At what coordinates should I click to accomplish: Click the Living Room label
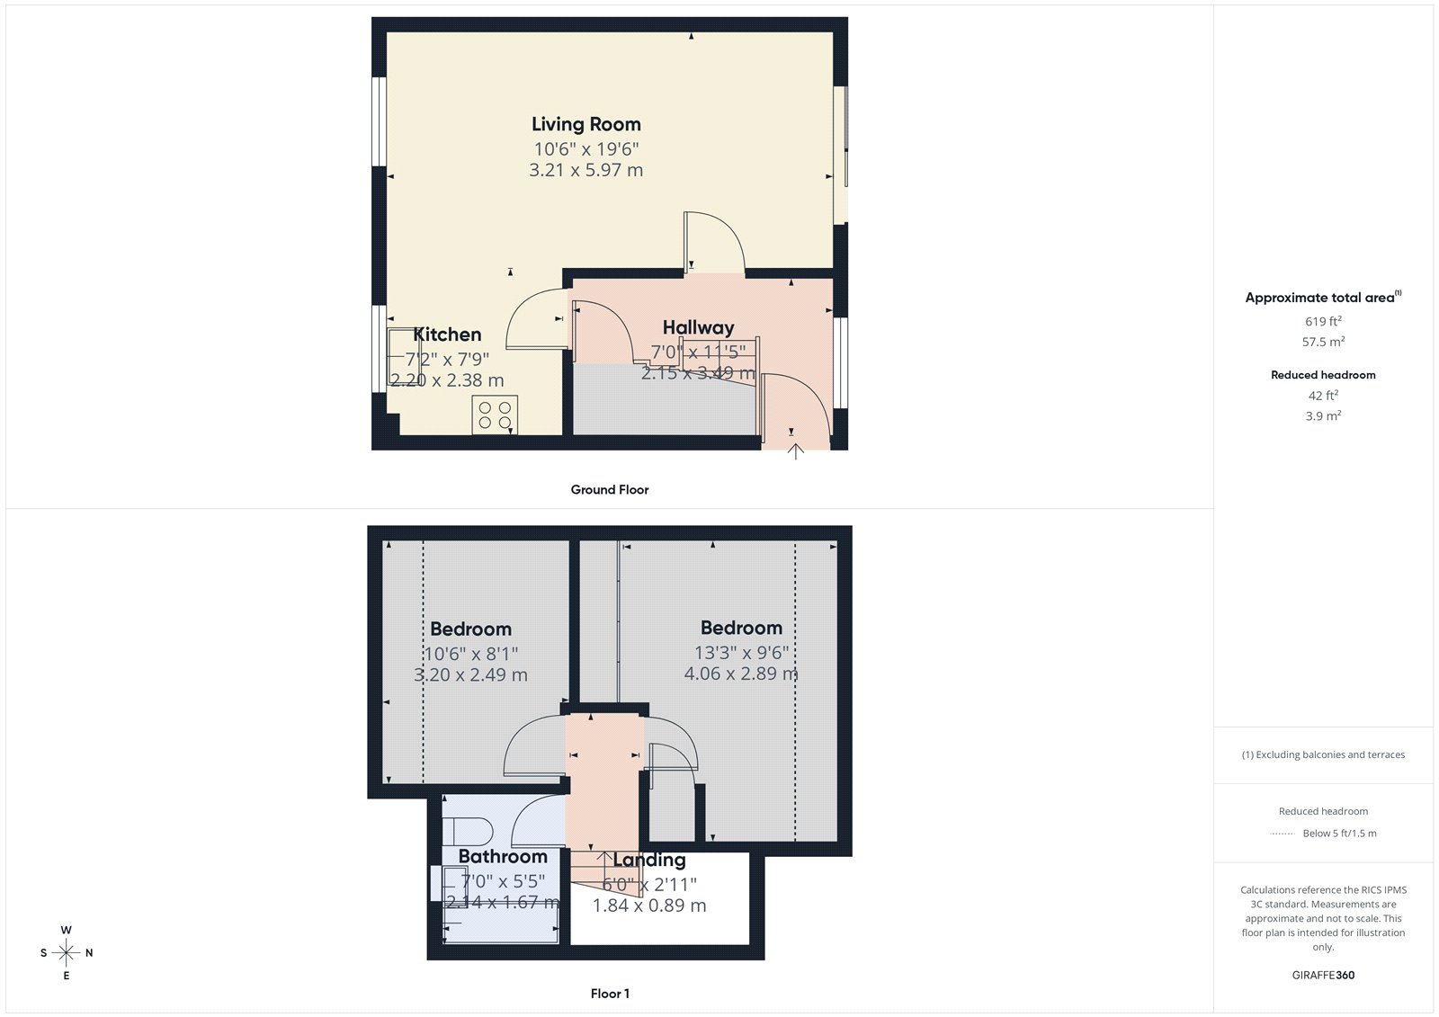[x=585, y=124]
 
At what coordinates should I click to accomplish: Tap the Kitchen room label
[x=447, y=335]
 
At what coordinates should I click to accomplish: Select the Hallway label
[x=698, y=327]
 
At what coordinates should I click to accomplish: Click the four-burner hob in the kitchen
[x=495, y=415]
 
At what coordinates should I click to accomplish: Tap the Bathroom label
[x=503, y=856]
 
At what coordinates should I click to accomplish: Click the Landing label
[x=648, y=861]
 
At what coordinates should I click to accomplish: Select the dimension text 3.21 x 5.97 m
[x=585, y=170]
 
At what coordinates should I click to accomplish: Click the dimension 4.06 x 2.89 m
[x=741, y=674]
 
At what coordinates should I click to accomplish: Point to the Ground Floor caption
[x=609, y=490]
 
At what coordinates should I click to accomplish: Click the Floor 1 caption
[x=610, y=994]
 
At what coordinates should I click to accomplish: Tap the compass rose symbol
[x=67, y=952]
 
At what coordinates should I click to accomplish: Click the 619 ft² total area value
[x=1323, y=321]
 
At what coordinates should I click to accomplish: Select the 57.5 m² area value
[x=1323, y=342]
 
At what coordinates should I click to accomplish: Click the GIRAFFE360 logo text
[x=1322, y=975]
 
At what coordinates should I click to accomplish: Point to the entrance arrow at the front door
[x=795, y=451]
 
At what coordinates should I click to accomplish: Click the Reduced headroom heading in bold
[x=1323, y=375]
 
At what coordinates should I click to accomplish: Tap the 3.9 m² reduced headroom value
[x=1323, y=415]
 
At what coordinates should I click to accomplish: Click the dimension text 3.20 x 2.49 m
[x=470, y=675]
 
